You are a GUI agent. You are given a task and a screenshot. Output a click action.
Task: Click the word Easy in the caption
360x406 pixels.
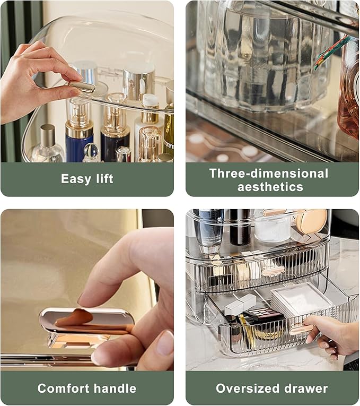[x=75, y=179]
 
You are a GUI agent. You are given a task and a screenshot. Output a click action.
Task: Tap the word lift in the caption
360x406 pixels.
[x=102, y=179]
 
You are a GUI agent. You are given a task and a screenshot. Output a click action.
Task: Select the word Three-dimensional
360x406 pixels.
[x=269, y=173]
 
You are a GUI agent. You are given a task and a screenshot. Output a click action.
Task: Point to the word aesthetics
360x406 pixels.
[x=270, y=187]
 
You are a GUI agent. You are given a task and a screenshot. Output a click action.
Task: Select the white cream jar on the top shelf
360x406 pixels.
[x=272, y=228]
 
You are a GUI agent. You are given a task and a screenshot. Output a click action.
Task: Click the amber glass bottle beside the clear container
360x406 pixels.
[x=348, y=90]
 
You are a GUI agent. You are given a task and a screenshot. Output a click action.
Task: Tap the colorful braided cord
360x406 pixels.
[x=333, y=50]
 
